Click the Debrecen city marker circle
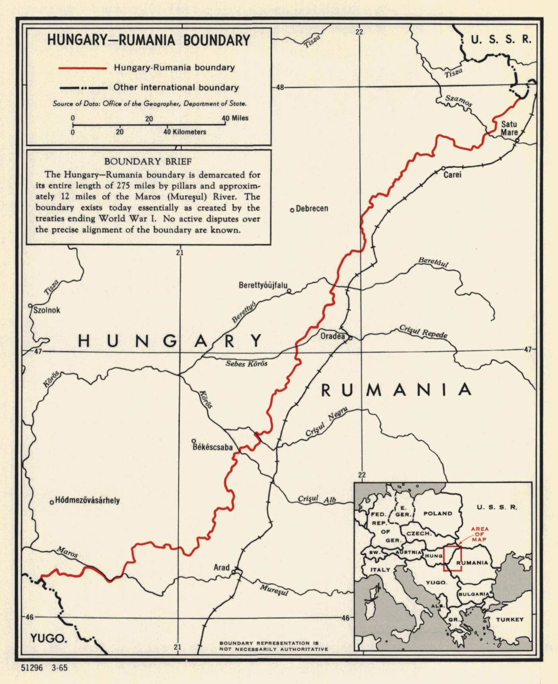[292, 210]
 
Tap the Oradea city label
[332, 336]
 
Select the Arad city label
[222, 567]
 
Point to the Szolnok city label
[47, 310]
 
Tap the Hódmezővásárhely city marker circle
[52, 502]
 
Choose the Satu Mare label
[509, 128]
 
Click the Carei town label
[453, 175]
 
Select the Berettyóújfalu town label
[263, 285]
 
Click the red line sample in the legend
[83, 68]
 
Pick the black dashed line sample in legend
[83, 87]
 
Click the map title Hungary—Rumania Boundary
[149, 40]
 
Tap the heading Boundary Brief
[148, 161]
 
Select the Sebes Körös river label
[247, 363]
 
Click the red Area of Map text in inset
[480, 534]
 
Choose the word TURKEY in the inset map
[509, 619]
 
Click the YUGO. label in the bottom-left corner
[48, 638]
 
